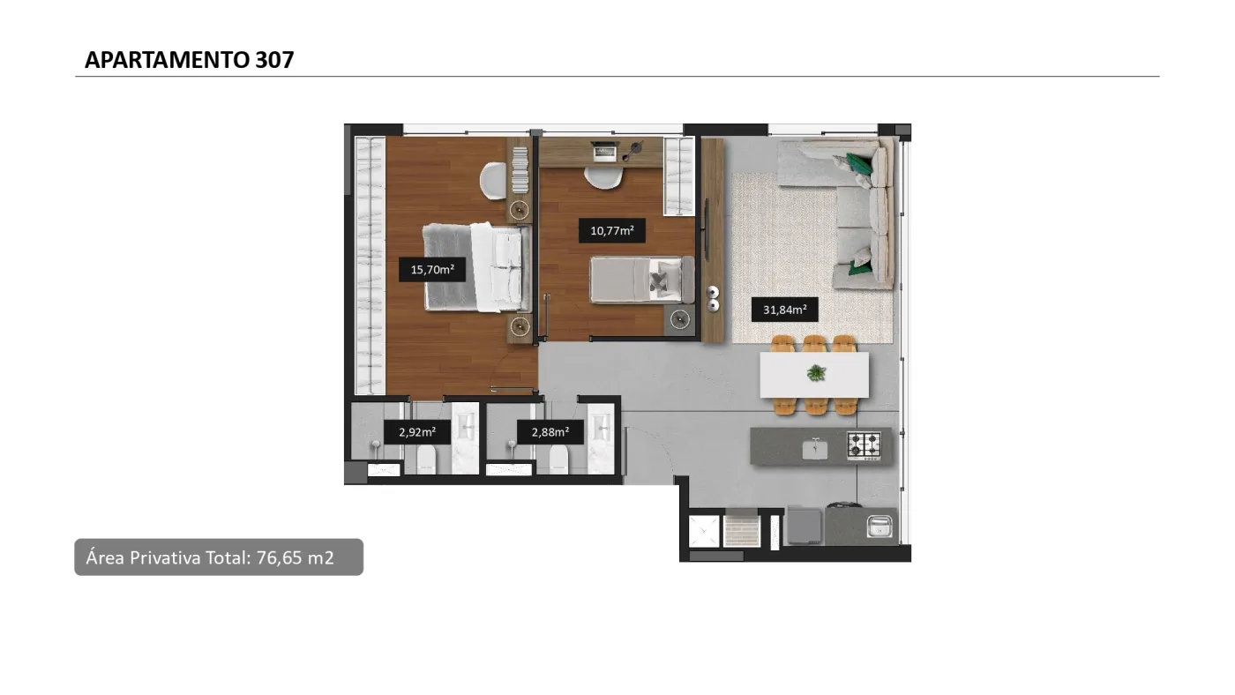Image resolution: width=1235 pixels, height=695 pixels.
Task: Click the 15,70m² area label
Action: pyautogui.click(x=432, y=270)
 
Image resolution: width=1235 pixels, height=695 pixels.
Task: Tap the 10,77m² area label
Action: pyautogui.click(x=612, y=230)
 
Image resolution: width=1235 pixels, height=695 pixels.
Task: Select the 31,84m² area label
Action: pyautogui.click(x=784, y=310)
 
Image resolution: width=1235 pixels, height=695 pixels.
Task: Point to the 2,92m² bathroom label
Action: pyautogui.click(x=417, y=432)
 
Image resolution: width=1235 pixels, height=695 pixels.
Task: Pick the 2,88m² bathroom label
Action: pyautogui.click(x=550, y=432)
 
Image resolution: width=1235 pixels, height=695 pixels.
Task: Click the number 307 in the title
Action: pyautogui.click(x=274, y=60)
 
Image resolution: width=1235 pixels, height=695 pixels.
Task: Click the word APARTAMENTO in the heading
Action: pyautogui.click(x=167, y=60)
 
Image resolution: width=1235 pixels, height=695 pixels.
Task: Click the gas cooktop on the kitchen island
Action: pyautogui.click(x=864, y=445)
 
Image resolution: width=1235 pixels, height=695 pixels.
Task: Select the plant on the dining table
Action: pyautogui.click(x=816, y=373)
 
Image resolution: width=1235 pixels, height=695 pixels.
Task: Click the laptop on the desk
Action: pyautogui.click(x=605, y=152)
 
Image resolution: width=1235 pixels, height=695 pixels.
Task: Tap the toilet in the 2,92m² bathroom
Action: pyautogui.click(x=427, y=460)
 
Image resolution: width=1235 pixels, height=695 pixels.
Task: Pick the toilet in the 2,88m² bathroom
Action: pyautogui.click(x=558, y=460)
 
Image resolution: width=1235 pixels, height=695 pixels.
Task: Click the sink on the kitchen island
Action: pyautogui.click(x=815, y=449)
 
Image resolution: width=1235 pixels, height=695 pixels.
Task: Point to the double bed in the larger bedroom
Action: pyautogui.click(x=477, y=267)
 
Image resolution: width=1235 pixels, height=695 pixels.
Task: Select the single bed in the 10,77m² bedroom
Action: pyautogui.click(x=642, y=280)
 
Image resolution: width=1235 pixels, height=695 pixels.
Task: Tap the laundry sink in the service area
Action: pyautogui.click(x=879, y=526)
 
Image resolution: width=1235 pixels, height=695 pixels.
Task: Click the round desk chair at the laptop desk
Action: pyautogui.click(x=603, y=177)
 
